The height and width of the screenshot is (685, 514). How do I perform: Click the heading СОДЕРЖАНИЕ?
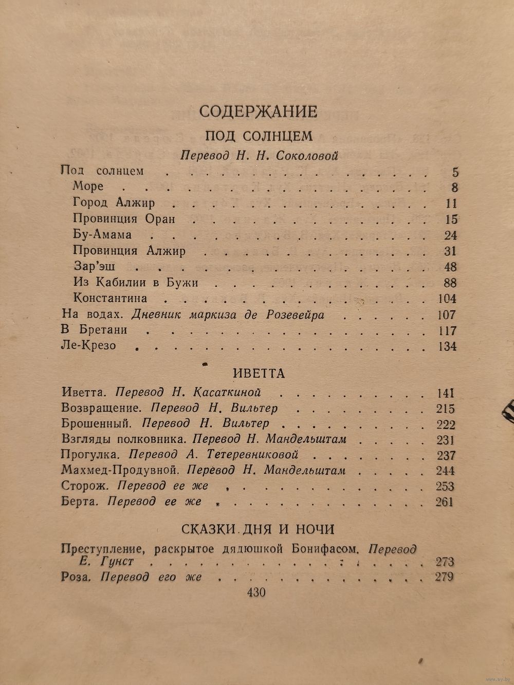[x=258, y=112]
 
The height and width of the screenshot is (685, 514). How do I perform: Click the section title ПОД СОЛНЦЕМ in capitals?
[x=259, y=136]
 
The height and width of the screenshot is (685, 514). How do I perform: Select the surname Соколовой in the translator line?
[x=306, y=155]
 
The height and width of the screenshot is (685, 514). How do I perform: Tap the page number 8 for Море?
[x=454, y=187]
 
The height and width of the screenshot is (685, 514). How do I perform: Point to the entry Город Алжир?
[x=114, y=202]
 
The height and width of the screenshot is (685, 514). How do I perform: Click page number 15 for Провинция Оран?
[x=451, y=219]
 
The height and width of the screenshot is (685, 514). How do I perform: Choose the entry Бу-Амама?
[x=102, y=234]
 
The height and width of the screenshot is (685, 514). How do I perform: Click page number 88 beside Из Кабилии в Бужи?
[x=450, y=283]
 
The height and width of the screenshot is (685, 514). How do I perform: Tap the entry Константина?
[x=110, y=298]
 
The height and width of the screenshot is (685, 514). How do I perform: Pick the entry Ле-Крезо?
[x=88, y=345]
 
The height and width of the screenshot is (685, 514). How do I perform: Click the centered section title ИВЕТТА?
[x=258, y=373]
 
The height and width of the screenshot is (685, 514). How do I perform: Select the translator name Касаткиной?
[x=227, y=393]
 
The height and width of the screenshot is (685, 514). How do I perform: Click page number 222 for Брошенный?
[x=445, y=424]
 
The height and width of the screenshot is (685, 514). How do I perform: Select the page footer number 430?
[x=256, y=593]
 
